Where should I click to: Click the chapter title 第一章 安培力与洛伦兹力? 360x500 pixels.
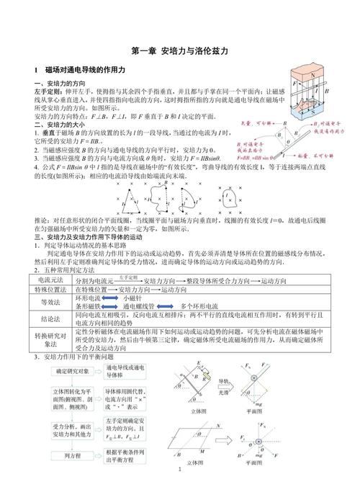(180, 52)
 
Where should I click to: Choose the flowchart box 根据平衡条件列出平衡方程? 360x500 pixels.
(126, 456)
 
